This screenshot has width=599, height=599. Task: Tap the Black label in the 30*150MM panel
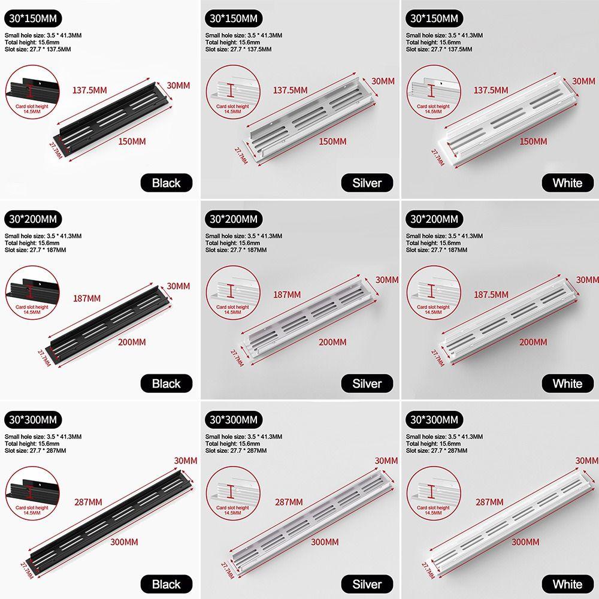pos(166,183)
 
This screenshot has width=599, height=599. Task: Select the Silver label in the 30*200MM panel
pos(367,383)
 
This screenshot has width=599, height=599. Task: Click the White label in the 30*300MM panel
pos(567,583)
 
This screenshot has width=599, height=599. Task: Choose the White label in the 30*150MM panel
pos(567,183)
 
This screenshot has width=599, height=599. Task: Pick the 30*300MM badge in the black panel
pos(33,419)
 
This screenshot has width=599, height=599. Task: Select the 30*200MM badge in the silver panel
pos(234,219)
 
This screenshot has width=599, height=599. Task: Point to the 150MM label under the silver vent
pos(332,141)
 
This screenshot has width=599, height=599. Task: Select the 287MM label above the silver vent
pos(289,502)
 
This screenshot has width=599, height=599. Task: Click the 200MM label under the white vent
pos(533,342)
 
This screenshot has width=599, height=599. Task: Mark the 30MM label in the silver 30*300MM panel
pos(386,461)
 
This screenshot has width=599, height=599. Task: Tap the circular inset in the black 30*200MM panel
pos(32,292)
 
